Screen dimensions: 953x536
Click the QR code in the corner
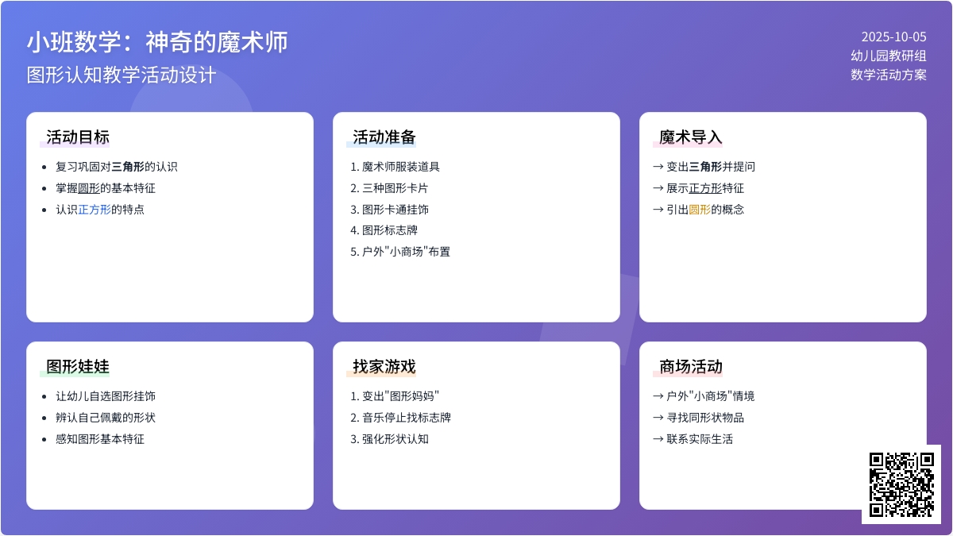click(x=901, y=484)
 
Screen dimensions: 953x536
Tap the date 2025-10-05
click(x=894, y=37)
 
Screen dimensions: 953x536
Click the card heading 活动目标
click(x=78, y=137)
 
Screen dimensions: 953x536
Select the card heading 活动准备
click(x=384, y=137)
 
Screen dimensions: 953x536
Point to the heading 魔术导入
click(x=690, y=137)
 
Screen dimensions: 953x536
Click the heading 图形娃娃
click(x=78, y=366)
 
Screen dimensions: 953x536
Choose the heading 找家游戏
click(x=384, y=366)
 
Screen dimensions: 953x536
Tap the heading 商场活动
click(x=690, y=366)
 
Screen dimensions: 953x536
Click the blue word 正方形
click(x=95, y=210)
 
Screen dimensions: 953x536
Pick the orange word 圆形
click(x=700, y=210)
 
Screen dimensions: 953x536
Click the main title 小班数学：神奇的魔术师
click(x=157, y=42)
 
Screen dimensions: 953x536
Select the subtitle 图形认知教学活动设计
click(x=122, y=75)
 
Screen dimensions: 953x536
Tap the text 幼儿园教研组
click(x=889, y=56)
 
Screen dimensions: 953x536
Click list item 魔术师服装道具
click(x=401, y=167)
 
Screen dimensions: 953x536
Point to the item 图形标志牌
click(x=390, y=230)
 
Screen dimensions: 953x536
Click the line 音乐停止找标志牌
click(x=407, y=418)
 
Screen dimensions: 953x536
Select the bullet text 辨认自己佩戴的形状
click(x=106, y=418)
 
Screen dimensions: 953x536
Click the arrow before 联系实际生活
click(x=658, y=439)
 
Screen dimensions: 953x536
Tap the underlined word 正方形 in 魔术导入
click(x=705, y=188)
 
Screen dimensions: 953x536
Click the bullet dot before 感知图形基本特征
click(x=44, y=439)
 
